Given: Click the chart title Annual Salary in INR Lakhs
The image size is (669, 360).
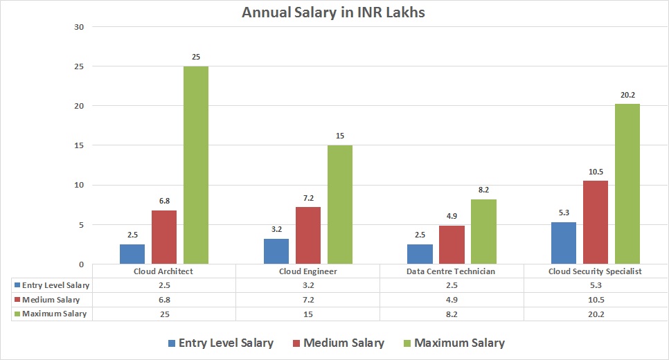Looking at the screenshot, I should [334, 12].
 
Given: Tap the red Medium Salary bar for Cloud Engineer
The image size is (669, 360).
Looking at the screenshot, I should [308, 235].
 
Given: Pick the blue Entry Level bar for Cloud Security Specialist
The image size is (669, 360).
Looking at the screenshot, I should [564, 243].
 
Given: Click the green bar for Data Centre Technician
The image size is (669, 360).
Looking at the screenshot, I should [483, 231].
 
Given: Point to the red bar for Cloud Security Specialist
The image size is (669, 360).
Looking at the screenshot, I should [596, 222].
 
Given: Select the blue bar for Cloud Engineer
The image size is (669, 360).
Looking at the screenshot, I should [276, 251].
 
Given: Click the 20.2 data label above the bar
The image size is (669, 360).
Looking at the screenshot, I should [627, 96].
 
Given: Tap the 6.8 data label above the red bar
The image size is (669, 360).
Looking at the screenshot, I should [164, 201].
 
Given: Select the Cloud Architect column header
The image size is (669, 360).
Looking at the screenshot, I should [163, 271].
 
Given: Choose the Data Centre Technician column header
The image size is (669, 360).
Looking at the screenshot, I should [451, 271].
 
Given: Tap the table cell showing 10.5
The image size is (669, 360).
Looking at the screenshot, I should [595, 300].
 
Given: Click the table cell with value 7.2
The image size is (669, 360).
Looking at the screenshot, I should [307, 300].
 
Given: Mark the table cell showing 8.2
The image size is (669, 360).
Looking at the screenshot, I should [451, 314].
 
